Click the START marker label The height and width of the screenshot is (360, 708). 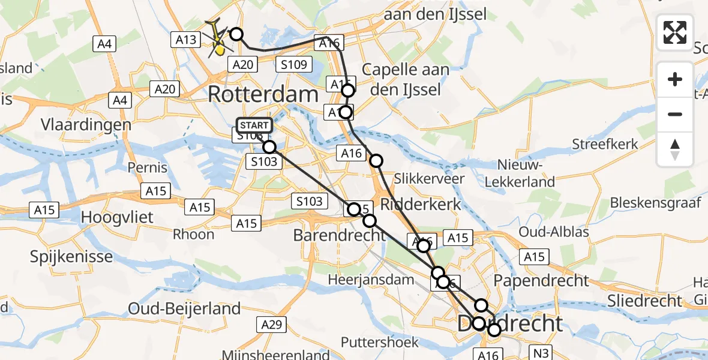click(x=254, y=125)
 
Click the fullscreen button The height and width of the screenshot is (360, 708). click(x=675, y=32)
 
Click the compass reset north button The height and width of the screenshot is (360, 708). click(x=675, y=149)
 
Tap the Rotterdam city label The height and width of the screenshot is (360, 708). click(x=263, y=94)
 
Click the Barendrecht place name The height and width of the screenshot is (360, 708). click(x=339, y=235)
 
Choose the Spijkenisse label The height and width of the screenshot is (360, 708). click(x=71, y=257)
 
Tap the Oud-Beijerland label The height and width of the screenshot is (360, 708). click(x=184, y=309)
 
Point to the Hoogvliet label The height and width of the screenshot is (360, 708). click(x=117, y=217)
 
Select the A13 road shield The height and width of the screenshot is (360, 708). click(x=186, y=40)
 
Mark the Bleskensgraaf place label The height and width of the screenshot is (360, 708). click(x=655, y=203)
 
